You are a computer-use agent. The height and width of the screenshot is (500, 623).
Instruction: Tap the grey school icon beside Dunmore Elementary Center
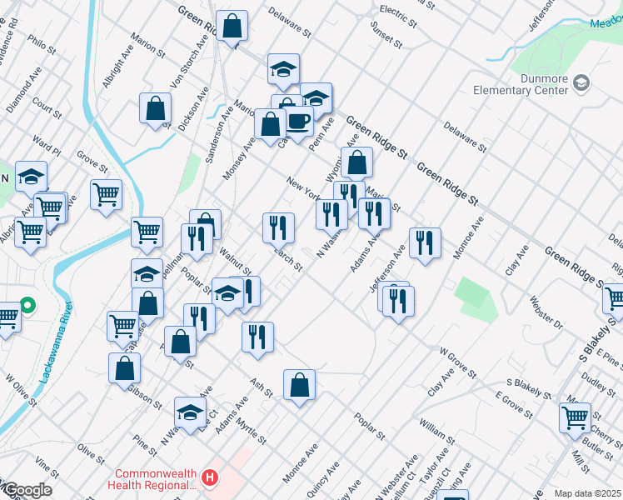[x=581, y=82]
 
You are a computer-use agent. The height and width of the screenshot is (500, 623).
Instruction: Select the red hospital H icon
[x=210, y=478]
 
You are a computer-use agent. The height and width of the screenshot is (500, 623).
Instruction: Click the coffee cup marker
[x=298, y=122]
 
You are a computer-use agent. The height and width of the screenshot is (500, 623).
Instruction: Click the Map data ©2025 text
[x=587, y=493]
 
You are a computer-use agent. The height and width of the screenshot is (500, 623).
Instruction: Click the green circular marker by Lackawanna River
[x=27, y=307]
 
